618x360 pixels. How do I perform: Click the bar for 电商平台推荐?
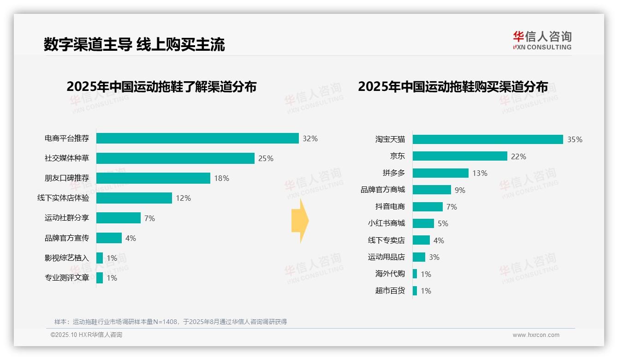[197, 138]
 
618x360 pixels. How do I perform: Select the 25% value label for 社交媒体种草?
[266, 158]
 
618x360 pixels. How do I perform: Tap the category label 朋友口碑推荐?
[66, 178]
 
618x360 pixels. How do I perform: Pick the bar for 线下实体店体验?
[134, 198]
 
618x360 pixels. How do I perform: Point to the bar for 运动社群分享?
[119, 218]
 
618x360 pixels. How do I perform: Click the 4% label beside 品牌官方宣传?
[131, 238]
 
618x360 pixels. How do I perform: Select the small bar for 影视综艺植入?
[100, 258]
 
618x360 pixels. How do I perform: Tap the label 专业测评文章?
[66, 278]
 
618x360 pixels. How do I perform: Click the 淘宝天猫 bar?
[488, 139]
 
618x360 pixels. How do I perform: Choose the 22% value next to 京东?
[518, 156]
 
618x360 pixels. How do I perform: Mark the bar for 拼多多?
[440, 173]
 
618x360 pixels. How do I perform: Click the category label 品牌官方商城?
[382, 190]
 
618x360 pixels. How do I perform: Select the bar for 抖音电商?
[428, 207]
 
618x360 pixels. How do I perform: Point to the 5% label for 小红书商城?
[443, 223]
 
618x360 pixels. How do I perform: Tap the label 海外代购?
[390, 274]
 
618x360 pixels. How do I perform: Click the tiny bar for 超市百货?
[415, 291]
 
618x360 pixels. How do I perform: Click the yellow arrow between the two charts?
[300, 221]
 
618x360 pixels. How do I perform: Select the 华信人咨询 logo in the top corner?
[542, 40]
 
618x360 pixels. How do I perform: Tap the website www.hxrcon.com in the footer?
[536, 335]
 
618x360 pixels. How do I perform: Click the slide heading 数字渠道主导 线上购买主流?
[134, 44]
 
